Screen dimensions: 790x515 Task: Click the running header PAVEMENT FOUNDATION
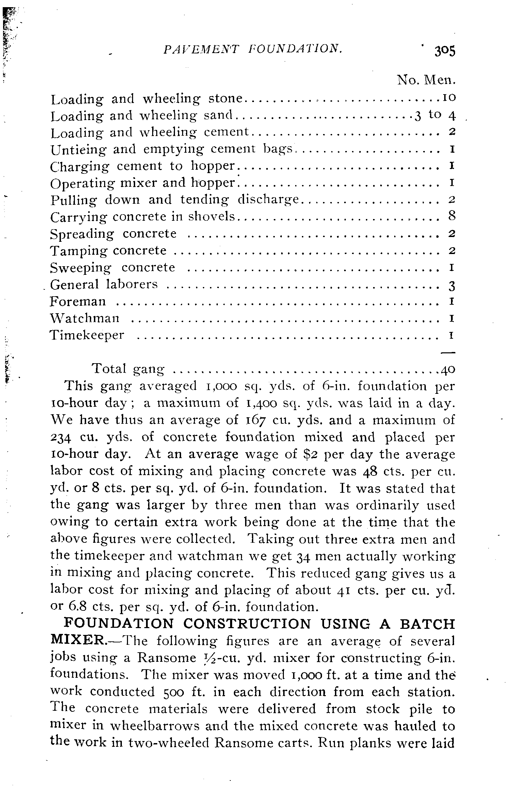click(253, 49)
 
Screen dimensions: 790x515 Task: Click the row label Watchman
click(85, 318)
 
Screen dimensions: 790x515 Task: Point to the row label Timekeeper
click(87, 335)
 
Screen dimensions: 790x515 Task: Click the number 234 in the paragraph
click(61, 437)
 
